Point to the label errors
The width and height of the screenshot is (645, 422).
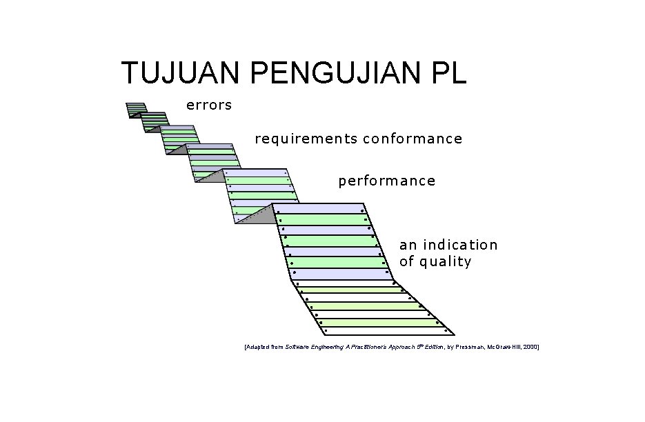(x=208, y=105)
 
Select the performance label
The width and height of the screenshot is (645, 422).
(x=386, y=181)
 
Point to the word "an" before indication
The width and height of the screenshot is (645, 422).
(x=408, y=245)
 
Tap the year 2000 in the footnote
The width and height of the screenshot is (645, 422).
(x=530, y=348)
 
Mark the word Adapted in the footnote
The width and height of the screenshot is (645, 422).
(x=258, y=348)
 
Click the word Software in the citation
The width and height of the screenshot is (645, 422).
(x=297, y=348)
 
